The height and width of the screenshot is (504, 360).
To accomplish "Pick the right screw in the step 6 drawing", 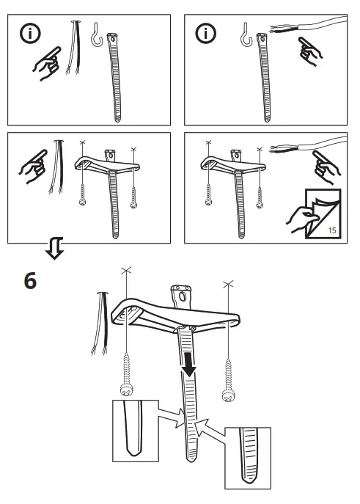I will click(x=229, y=380).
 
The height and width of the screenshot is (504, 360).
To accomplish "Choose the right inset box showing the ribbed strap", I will click(x=247, y=457).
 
